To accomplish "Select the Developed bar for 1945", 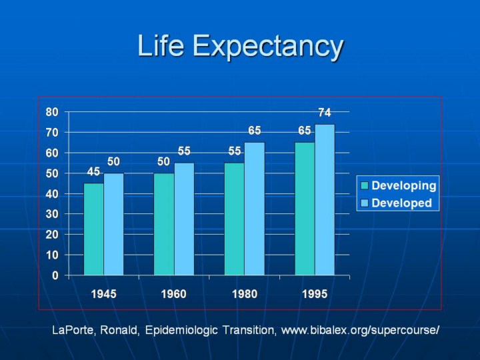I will (113, 224).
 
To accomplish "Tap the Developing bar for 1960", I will (164, 224).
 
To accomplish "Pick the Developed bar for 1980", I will (254, 209).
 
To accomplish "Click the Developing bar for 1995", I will (305, 209).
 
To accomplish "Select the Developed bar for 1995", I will (325, 199).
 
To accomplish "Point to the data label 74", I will (325, 113).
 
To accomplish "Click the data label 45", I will (93, 172).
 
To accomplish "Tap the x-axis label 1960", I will (173, 294).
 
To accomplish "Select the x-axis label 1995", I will (315, 294).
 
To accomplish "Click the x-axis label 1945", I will (103, 294).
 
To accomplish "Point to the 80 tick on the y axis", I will (52, 112).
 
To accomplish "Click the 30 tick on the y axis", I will (52, 214).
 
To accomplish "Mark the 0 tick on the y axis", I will (55, 275).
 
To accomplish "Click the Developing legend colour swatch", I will (365, 185).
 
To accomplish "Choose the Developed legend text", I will (401, 203).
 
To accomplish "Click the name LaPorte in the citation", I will (77, 331).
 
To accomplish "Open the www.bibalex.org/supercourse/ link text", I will (360, 331).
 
